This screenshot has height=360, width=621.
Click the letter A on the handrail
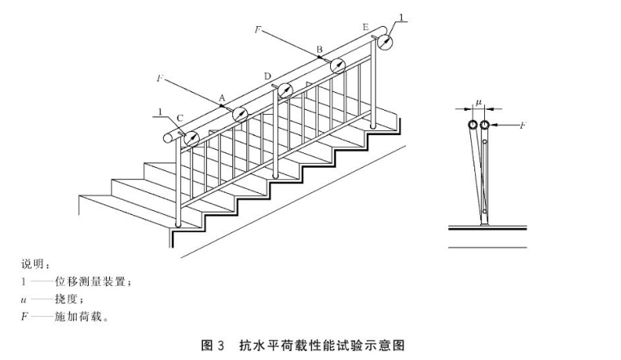220,96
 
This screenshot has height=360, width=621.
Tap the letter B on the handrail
319,50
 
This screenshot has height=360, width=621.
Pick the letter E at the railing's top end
365,27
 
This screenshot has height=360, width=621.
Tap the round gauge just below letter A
240,114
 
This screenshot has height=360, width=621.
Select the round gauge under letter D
285,90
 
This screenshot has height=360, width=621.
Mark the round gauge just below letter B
338,67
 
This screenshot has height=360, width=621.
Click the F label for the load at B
258,28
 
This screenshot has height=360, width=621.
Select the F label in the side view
522,126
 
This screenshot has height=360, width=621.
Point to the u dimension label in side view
478,103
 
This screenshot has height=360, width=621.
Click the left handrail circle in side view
471,125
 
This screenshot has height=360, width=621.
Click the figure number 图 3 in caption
213,345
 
